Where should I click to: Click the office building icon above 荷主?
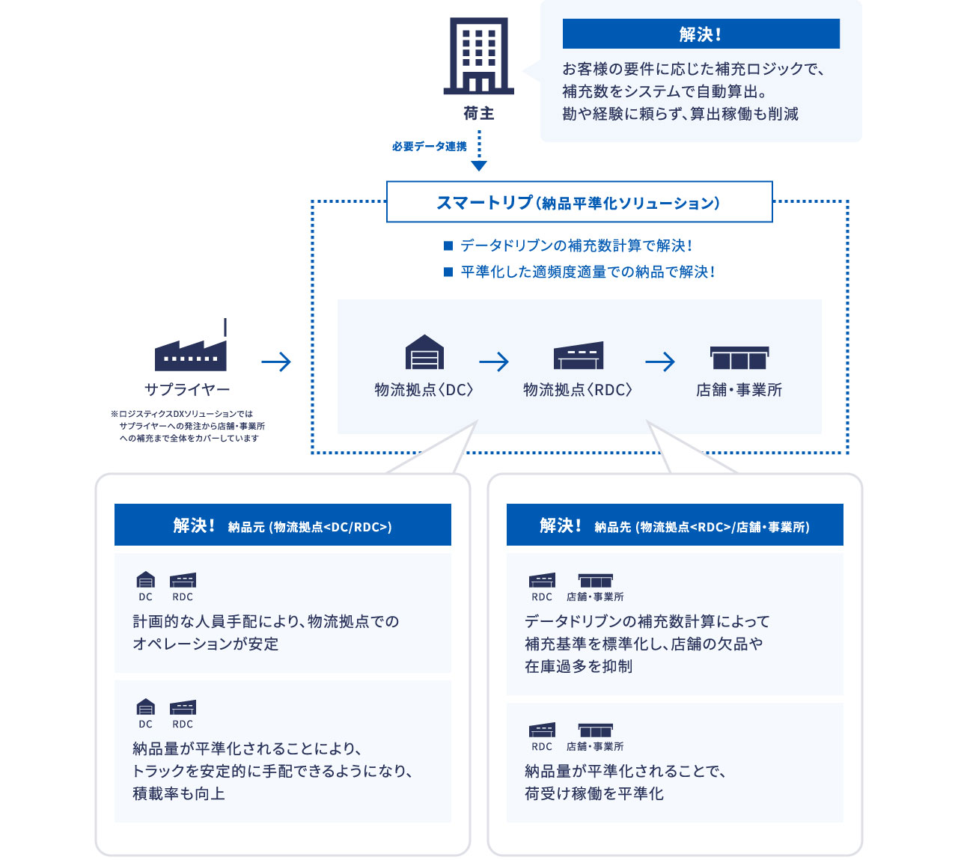coord(478,56)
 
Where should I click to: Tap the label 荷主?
coord(478,114)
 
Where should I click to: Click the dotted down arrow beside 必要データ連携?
coord(479,150)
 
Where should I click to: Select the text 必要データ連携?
coord(430,147)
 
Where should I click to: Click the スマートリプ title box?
coord(579,201)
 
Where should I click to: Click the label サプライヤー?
coord(187,389)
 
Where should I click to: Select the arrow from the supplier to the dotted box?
coord(276,362)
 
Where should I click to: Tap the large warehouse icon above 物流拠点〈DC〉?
coord(424,352)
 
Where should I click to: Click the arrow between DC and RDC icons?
coord(494,362)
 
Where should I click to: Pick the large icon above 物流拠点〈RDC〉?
coord(579,355)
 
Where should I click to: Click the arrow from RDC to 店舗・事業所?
coord(659,362)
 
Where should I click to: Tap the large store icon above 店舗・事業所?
coord(739,358)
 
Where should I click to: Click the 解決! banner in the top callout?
coord(701,34)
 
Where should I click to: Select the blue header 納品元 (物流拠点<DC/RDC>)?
coord(283,525)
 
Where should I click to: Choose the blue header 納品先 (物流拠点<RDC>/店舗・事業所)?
coord(675,525)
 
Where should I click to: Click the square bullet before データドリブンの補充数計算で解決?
coord(448,246)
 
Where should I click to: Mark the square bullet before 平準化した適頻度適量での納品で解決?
coord(448,272)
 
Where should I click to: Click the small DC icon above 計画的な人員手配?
coord(146,579)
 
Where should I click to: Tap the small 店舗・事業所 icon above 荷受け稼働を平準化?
coord(595,730)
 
